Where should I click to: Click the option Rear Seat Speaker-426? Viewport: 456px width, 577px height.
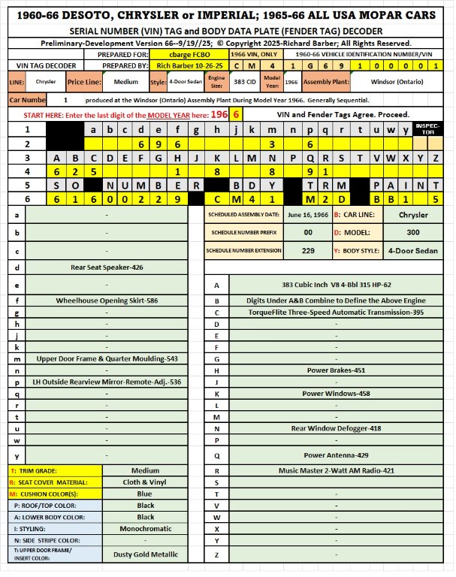108,267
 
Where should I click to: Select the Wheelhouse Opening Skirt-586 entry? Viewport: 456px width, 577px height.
108,300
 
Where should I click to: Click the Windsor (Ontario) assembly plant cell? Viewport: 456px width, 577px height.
400,81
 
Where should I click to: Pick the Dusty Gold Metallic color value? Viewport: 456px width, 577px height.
145,554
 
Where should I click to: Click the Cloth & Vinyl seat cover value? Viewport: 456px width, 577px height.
145,482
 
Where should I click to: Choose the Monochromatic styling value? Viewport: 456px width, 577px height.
145,528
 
